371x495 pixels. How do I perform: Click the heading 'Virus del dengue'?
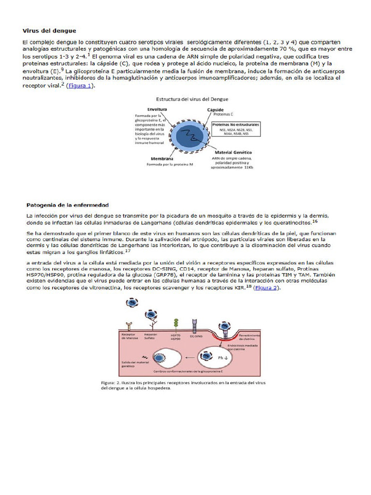(x=49, y=30)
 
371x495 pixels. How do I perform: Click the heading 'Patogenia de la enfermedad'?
(x=68, y=205)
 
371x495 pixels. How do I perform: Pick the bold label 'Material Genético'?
(x=235, y=152)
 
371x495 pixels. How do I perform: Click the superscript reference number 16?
(x=315, y=221)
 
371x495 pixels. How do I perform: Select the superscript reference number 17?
(x=128, y=251)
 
